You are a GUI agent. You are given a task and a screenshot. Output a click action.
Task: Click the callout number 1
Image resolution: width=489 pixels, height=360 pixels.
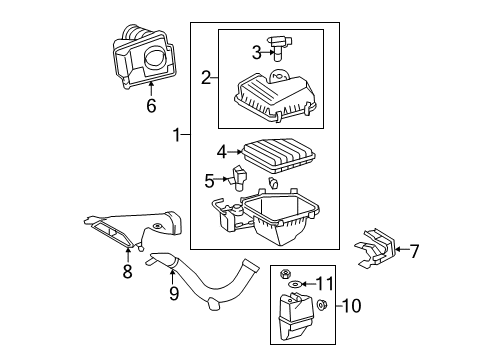178,134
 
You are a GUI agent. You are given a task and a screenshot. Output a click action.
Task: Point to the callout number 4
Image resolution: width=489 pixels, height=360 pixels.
223,153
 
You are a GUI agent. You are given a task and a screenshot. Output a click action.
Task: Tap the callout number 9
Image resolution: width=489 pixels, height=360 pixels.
172,294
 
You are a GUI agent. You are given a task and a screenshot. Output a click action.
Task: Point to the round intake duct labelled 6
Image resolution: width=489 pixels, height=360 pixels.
145,60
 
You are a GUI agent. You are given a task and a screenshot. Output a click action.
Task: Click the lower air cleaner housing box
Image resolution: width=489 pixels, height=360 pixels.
275,225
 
